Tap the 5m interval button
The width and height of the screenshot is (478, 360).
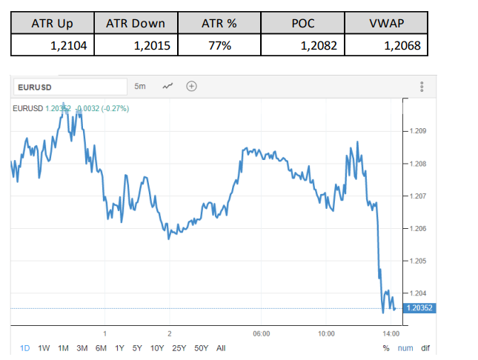click(x=140, y=86)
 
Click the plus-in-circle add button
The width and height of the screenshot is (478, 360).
click(x=191, y=86)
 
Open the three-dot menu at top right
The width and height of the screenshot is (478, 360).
click(x=422, y=87)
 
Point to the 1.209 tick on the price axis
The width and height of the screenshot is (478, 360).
click(x=417, y=132)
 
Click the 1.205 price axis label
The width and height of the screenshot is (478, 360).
click(x=417, y=261)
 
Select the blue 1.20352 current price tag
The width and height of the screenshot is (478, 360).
click(x=417, y=308)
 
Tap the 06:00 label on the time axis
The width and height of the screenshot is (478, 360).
click(x=260, y=334)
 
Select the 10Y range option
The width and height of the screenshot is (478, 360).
click(x=157, y=348)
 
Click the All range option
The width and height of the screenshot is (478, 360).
click(x=221, y=348)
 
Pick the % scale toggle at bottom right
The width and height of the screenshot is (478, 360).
click(x=386, y=348)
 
